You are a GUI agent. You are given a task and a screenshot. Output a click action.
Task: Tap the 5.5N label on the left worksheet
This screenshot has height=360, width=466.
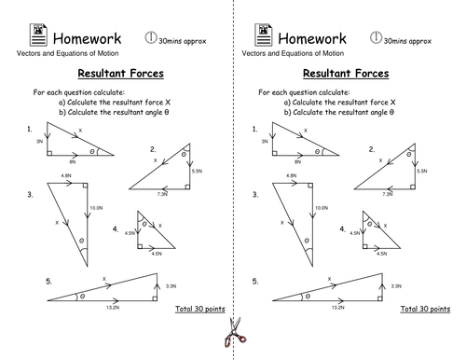[x=196, y=171]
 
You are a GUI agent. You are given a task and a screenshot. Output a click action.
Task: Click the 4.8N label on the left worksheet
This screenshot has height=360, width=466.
[x=65, y=176]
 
